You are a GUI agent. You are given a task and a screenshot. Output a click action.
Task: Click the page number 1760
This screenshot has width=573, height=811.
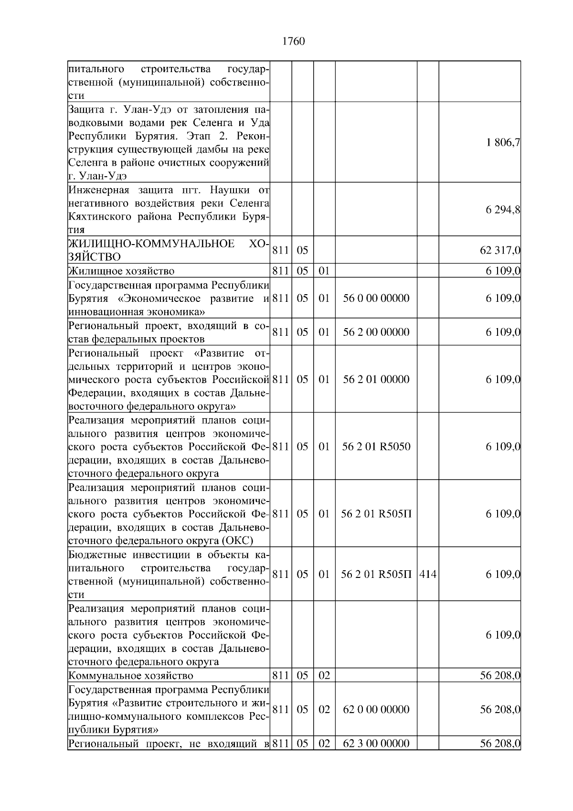tap(293, 42)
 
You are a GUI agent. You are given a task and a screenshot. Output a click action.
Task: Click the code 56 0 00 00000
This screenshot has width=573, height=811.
tap(376, 299)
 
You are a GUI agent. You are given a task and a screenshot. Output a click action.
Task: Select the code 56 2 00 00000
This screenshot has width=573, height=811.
tap(376, 332)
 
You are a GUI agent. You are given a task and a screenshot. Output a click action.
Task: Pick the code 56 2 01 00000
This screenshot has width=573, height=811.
tap(376, 380)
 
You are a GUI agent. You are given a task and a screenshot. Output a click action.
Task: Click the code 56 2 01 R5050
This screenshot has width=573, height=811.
tap(376, 447)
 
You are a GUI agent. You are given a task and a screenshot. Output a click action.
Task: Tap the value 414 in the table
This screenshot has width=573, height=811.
tap(428, 575)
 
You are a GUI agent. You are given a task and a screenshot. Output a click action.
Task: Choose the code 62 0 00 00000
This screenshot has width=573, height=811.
tap(376, 710)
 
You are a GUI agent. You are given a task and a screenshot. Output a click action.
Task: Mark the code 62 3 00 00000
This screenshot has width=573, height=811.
tap(376, 744)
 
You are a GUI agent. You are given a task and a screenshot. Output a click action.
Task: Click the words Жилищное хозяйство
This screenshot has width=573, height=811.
tap(121, 271)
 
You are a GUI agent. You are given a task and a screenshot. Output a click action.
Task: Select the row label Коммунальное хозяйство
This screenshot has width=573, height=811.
tap(131, 676)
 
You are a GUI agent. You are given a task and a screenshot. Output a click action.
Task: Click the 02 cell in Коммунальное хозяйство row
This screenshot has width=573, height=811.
tap(324, 676)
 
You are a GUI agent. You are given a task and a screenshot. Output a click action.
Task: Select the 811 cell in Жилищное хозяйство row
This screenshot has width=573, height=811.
tap(280, 271)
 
